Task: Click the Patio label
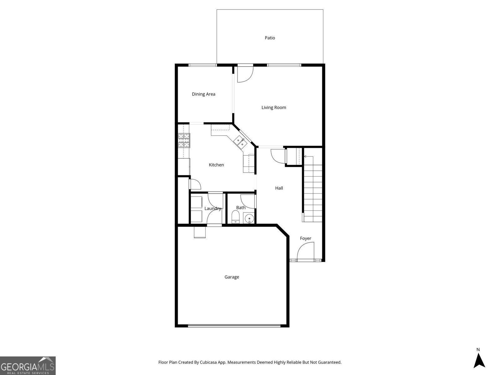pos(270,38)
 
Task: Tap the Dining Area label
pos(203,94)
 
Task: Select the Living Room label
pos(274,107)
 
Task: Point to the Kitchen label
pos(216,165)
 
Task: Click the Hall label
pos(279,188)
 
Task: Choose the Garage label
pos(232,277)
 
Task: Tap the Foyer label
pos(305,238)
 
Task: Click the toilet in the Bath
pos(235,217)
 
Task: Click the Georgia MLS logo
pos(27,365)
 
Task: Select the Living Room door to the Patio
pos(245,74)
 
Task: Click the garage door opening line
pos(234,326)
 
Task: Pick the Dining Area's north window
pos(202,65)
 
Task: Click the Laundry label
pos(213,208)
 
